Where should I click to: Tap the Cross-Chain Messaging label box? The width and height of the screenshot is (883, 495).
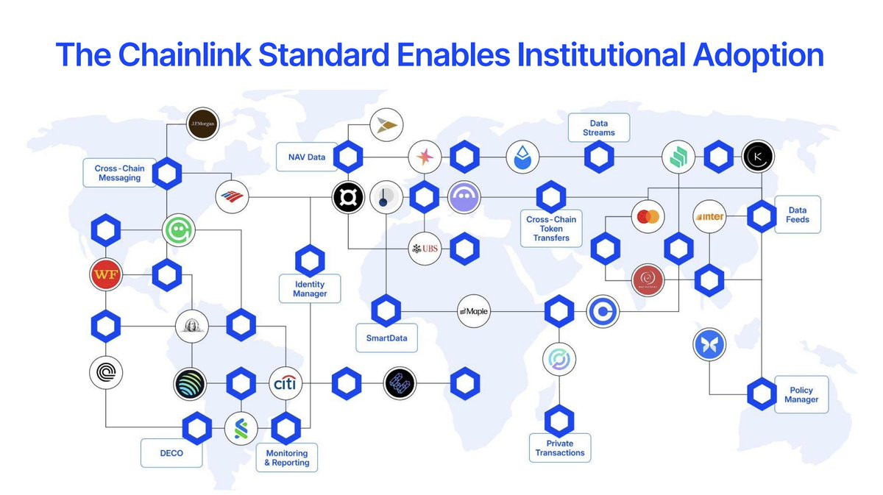tap(118, 173)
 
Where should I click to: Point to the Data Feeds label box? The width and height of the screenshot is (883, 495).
tap(797, 215)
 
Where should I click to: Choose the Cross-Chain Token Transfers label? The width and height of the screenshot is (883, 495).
tap(551, 229)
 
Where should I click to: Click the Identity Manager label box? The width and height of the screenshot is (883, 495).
tap(309, 289)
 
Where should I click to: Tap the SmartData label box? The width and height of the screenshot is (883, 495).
tap(386, 338)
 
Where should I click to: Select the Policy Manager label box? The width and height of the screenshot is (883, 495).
tap(801, 394)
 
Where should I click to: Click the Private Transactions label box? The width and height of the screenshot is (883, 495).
tap(560, 448)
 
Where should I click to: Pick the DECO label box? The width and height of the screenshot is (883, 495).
tap(171, 453)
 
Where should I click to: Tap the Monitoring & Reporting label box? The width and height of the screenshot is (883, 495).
tap(286, 457)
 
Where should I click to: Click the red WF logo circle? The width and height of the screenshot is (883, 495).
tap(105, 276)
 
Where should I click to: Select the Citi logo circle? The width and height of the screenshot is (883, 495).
tap(285, 384)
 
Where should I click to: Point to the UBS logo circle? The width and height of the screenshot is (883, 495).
tap(425, 249)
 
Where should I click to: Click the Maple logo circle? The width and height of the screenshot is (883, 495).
tap(473, 312)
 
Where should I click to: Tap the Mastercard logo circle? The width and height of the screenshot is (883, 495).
tap(648, 216)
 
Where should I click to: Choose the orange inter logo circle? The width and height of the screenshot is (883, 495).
tap(710, 216)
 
